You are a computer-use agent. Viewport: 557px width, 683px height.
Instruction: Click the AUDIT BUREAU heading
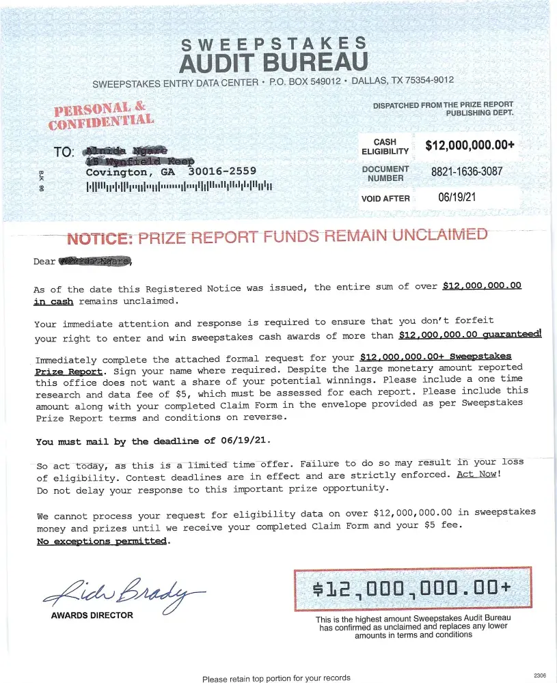tap(273, 63)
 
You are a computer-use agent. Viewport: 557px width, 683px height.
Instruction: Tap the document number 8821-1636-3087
tap(466, 172)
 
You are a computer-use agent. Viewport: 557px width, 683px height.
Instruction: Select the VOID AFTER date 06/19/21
tap(457, 198)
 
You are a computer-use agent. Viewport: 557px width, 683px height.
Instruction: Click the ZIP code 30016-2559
tap(222, 171)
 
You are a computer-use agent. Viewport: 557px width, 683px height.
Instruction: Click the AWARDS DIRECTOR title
tap(92, 615)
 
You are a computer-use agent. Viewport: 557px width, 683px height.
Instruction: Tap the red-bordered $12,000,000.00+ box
tap(412, 589)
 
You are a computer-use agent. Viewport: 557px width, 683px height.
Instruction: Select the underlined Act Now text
tap(477, 474)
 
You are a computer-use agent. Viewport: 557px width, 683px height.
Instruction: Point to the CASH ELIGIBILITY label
tap(385, 147)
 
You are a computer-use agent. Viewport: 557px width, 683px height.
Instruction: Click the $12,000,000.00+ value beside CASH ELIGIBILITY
tap(470, 145)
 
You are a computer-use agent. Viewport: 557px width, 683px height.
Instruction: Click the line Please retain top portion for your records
tap(276, 678)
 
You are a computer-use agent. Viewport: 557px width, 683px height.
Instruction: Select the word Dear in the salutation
tap(44, 262)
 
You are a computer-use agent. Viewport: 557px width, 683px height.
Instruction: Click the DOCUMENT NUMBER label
tap(385, 173)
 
